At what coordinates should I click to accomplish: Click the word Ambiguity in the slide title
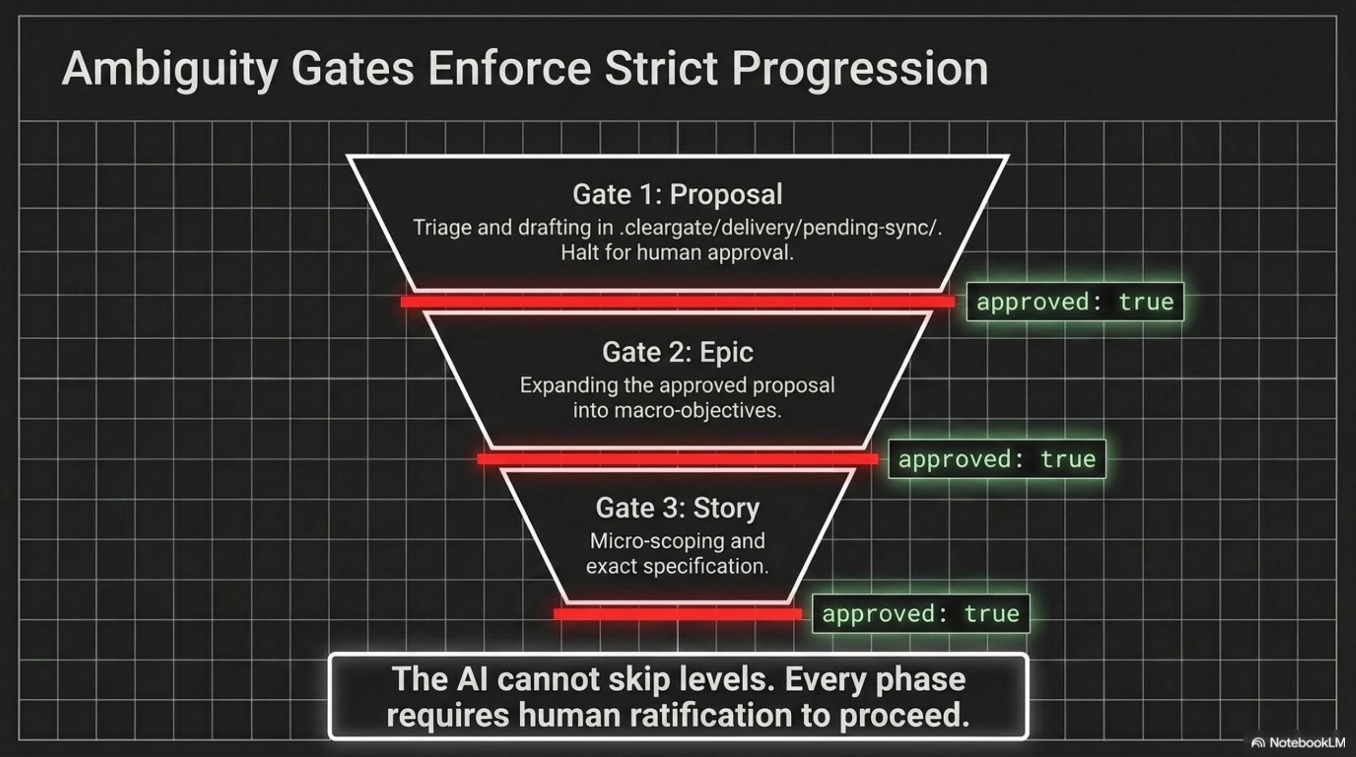pyautogui.click(x=169, y=70)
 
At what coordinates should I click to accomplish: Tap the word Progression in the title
pyautogui.click(x=859, y=70)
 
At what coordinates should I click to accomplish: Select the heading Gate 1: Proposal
pyautogui.click(x=677, y=194)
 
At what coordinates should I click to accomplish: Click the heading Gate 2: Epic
pyautogui.click(x=677, y=352)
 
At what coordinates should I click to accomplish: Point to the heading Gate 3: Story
pyautogui.click(x=677, y=508)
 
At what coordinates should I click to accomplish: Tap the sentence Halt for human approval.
pyautogui.click(x=677, y=253)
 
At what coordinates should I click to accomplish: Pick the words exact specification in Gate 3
pyautogui.click(x=677, y=566)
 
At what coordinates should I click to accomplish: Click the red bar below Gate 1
pyautogui.click(x=677, y=302)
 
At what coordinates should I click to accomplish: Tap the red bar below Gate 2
pyautogui.click(x=677, y=459)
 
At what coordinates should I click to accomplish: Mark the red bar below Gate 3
pyautogui.click(x=677, y=614)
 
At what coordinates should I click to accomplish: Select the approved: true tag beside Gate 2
pyautogui.click(x=997, y=459)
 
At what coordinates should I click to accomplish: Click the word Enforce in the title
pyautogui.click(x=509, y=70)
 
